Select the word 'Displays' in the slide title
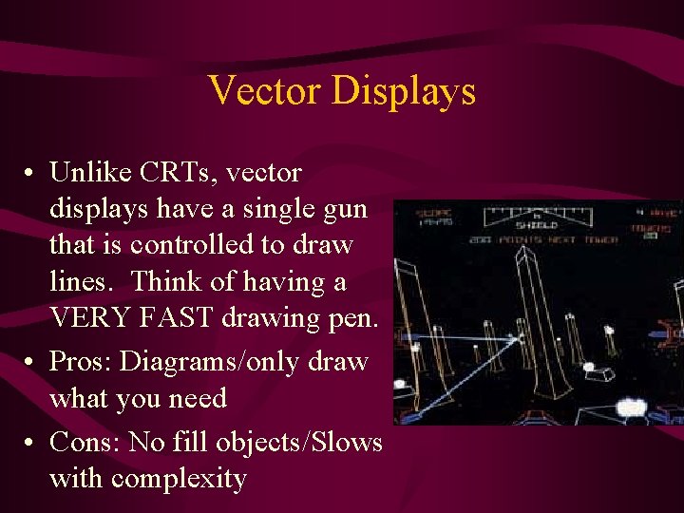pos(403,91)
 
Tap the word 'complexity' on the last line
pos(179,479)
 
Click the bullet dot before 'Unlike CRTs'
pos(31,174)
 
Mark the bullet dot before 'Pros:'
pos(31,363)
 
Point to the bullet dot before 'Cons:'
pos(31,444)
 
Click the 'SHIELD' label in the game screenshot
pos(537,224)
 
